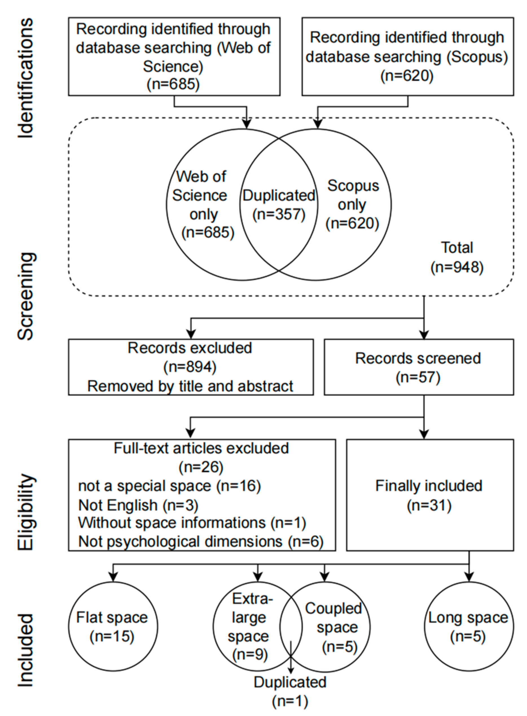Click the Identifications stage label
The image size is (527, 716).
[25, 78]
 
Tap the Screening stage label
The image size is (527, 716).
[25, 296]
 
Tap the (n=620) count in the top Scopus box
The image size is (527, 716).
[407, 76]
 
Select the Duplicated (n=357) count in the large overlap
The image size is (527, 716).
[279, 214]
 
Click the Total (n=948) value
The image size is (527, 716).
[457, 267]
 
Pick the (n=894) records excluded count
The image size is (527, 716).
[190, 367]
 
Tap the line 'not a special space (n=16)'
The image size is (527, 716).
[169, 486]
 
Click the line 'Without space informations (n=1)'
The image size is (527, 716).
[192, 523]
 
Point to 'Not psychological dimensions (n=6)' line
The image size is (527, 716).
[201, 542]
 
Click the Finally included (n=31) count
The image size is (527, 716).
[429, 505]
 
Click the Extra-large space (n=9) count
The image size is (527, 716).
[250, 654]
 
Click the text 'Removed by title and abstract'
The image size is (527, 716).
[190, 386]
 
